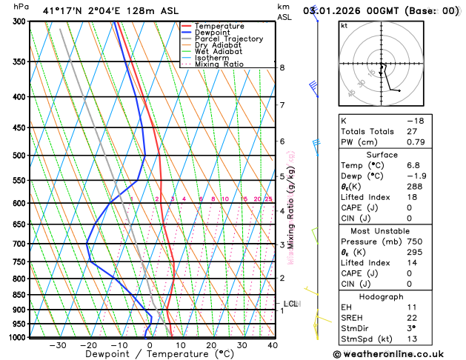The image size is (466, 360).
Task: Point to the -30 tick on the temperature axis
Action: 58,345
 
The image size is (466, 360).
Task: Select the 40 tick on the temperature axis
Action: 273,345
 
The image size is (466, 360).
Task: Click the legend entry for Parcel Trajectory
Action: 228,39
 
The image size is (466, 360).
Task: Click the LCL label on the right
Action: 290,304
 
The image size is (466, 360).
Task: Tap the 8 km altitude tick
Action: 282,67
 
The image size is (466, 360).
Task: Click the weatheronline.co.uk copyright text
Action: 396,355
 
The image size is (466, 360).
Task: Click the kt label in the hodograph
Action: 344,25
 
